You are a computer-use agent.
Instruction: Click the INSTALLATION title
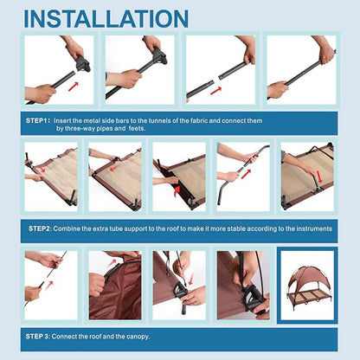pos(106,19)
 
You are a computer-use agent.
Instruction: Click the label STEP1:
pos(38,120)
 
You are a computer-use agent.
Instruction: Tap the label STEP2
pos(39,228)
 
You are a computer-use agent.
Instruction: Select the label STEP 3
pos(37,337)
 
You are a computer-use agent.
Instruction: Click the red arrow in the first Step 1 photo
pos(74,86)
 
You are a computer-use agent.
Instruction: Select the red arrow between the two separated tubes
pos(215,91)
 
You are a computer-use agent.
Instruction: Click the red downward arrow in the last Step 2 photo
pos(319,177)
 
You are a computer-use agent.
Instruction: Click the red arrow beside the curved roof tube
pos(246,174)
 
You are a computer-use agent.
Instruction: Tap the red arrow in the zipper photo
pos(112,263)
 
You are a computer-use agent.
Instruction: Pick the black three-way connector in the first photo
pos(83,63)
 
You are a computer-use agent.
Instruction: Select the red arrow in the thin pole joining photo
pos(50,285)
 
